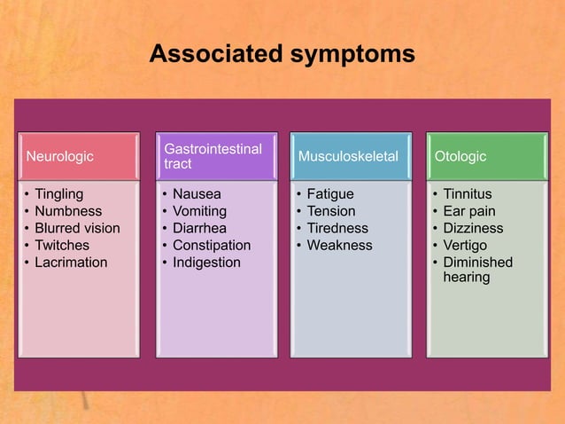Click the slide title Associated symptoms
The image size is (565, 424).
pyautogui.click(x=282, y=54)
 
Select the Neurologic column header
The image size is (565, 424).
pyautogui.click(x=60, y=157)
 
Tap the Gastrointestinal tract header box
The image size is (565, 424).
pyautogui.click(x=213, y=157)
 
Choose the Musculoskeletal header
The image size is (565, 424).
pyautogui.click(x=348, y=157)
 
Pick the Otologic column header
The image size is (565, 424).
pyautogui.click(x=460, y=157)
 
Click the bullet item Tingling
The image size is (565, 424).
pyautogui.click(x=58, y=194)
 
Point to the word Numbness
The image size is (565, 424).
pyautogui.click(x=68, y=211)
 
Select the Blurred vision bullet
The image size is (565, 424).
pyautogui.click(x=77, y=228)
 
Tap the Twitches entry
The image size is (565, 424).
pyautogui.click(x=62, y=245)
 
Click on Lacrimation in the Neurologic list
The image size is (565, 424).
pyautogui.click(x=71, y=263)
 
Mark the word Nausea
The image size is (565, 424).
pyautogui.click(x=197, y=194)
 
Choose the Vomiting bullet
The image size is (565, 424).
pyautogui.click(x=199, y=211)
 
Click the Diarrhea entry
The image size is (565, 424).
pyautogui.click(x=199, y=228)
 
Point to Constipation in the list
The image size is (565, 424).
pyautogui.click(x=212, y=245)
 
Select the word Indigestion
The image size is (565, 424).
pyautogui.click(x=206, y=263)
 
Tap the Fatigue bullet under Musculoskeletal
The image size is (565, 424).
pyautogui.click(x=330, y=194)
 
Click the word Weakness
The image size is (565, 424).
pyautogui.click(x=339, y=245)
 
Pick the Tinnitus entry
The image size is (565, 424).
pyautogui.click(x=468, y=194)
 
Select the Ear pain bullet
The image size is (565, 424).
pyautogui.click(x=469, y=211)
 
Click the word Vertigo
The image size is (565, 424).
pyautogui.click(x=465, y=245)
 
